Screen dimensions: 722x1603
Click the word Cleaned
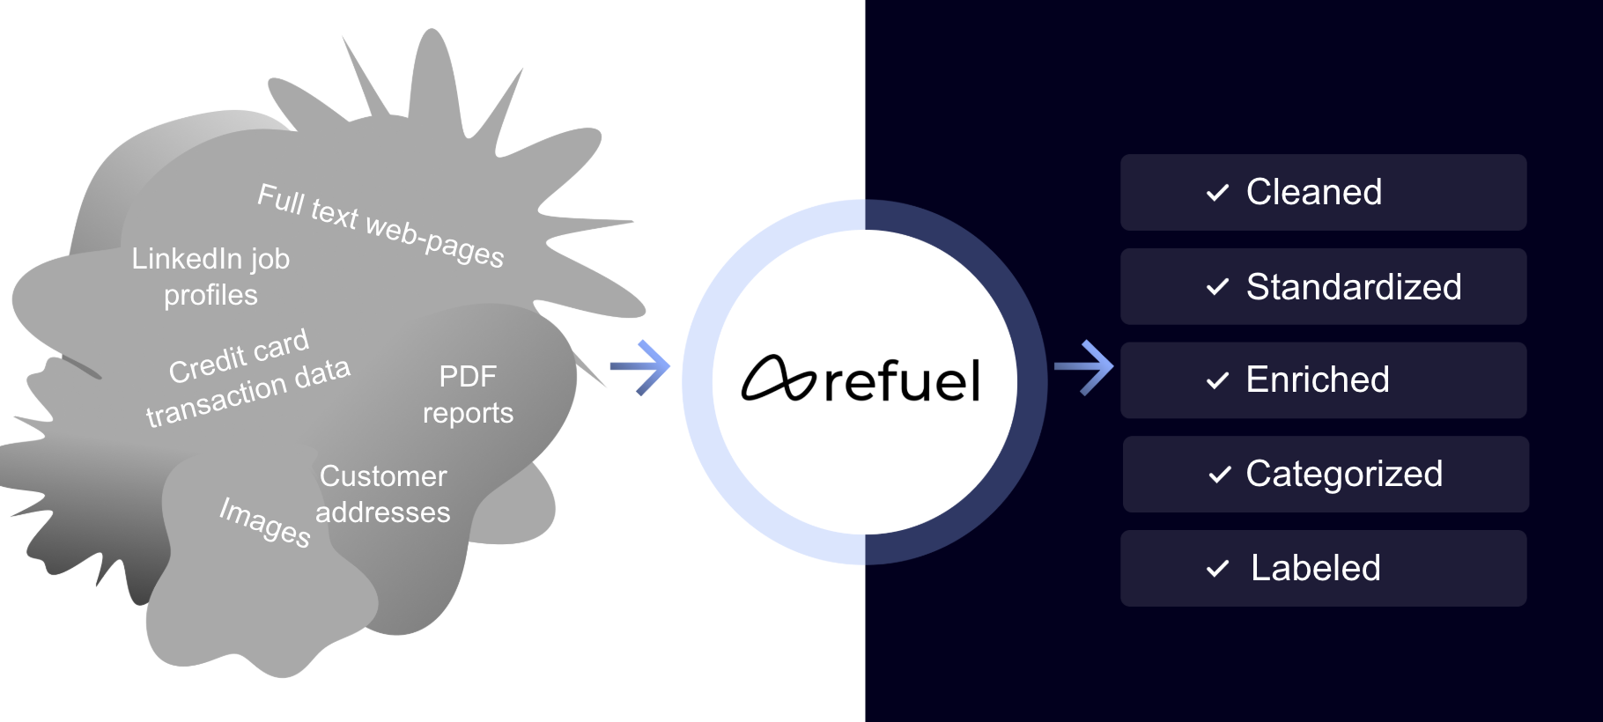[1313, 193]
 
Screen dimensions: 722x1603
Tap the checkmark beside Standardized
[1217, 287]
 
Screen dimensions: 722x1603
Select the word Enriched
[1317, 380]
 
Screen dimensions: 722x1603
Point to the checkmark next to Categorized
[1220, 475]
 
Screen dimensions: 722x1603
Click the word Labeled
[1315, 569]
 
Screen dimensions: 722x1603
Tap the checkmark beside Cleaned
[1217, 193]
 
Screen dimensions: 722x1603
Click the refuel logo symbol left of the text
[778, 379]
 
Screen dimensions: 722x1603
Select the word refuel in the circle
[902, 381]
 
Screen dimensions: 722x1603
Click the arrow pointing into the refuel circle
[640, 367]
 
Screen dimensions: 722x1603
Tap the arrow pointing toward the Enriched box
[1084, 367]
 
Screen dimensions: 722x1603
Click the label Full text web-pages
[380, 225]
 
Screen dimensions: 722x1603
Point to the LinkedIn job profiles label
[211, 276]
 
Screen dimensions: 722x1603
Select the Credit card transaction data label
[247, 379]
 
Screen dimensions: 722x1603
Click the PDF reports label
[468, 394]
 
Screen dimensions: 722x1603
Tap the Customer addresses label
[383, 494]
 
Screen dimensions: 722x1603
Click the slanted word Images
[265, 522]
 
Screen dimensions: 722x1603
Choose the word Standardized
[1353, 287]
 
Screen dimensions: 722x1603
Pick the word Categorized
[1344, 475]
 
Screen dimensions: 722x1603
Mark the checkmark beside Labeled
[1217, 569]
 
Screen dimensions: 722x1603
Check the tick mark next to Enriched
[1217, 380]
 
